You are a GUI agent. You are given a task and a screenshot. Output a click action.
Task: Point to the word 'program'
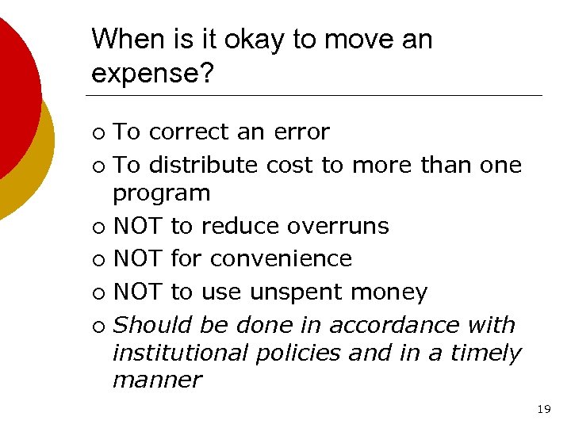pos(162,193)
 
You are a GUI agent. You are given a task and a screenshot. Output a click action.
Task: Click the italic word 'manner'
pos(157,380)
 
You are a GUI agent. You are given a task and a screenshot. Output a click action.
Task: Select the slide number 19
pos(543,409)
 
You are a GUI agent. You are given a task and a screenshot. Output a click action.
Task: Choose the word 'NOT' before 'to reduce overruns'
pos(138,226)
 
